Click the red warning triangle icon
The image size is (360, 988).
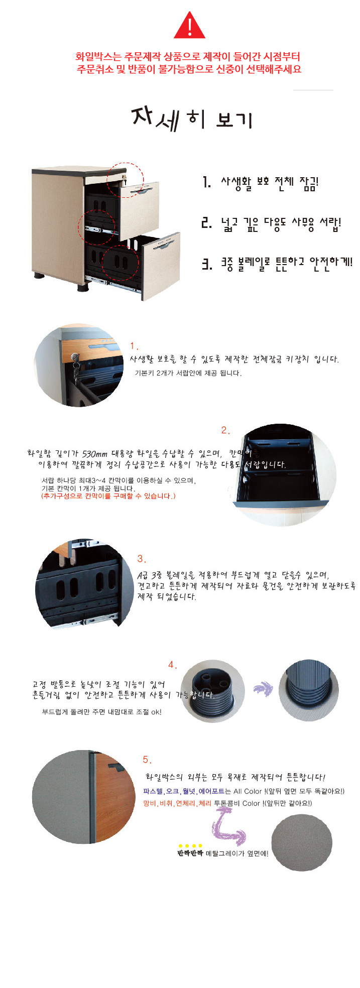coord(189,26)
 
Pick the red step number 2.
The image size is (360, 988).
coord(225,430)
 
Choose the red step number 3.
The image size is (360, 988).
coord(142,559)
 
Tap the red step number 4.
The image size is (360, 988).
coord(173,665)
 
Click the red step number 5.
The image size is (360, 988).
coord(147,760)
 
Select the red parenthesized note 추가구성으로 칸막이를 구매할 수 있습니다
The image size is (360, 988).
coord(108,496)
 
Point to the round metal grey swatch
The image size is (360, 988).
coord(302,842)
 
